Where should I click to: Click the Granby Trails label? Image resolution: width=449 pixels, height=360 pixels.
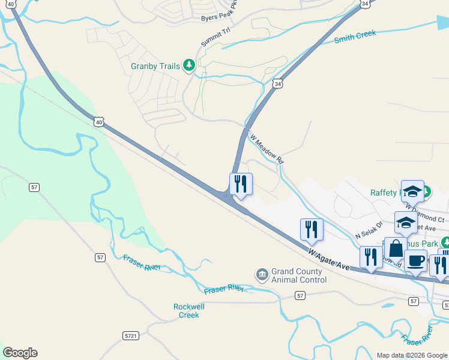[x=155, y=66]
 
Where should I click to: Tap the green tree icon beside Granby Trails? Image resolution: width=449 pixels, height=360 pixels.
[x=189, y=65]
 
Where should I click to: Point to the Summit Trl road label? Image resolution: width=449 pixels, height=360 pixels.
[x=215, y=37]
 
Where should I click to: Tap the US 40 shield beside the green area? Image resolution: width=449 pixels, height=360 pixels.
[x=98, y=122]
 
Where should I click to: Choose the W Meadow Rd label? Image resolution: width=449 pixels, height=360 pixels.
[x=267, y=149]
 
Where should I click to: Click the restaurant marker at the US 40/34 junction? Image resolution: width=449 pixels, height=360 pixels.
[x=241, y=184]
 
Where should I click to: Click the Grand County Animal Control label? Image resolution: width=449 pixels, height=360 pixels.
[x=297, y=275]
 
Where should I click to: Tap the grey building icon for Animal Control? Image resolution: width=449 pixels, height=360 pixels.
[x=262, y=275]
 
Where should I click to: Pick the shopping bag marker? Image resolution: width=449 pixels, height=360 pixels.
[x=396, y=248]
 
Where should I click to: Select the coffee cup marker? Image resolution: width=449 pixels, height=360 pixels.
[x=415, y=261]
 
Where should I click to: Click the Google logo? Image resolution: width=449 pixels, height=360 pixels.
[x=20, y=353]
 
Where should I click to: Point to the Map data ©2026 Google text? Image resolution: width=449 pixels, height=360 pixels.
[x=412, y=355]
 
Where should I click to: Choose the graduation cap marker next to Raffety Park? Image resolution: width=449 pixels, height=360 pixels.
[x=412, y=191]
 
